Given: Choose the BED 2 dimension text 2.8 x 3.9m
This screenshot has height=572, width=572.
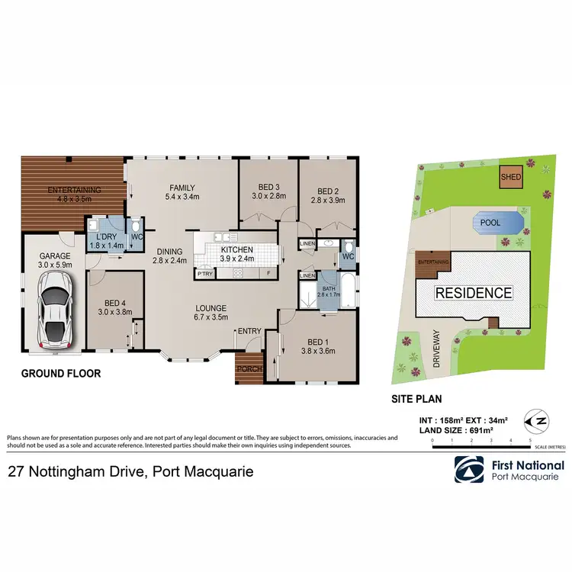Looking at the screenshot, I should point(329,200).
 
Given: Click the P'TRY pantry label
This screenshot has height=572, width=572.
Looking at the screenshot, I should point(204,273).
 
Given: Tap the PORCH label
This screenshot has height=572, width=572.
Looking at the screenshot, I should point(249,369).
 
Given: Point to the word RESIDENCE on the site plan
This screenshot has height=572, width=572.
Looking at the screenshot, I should point(473,292).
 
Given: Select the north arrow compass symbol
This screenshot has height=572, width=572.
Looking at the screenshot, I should point(538,419).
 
